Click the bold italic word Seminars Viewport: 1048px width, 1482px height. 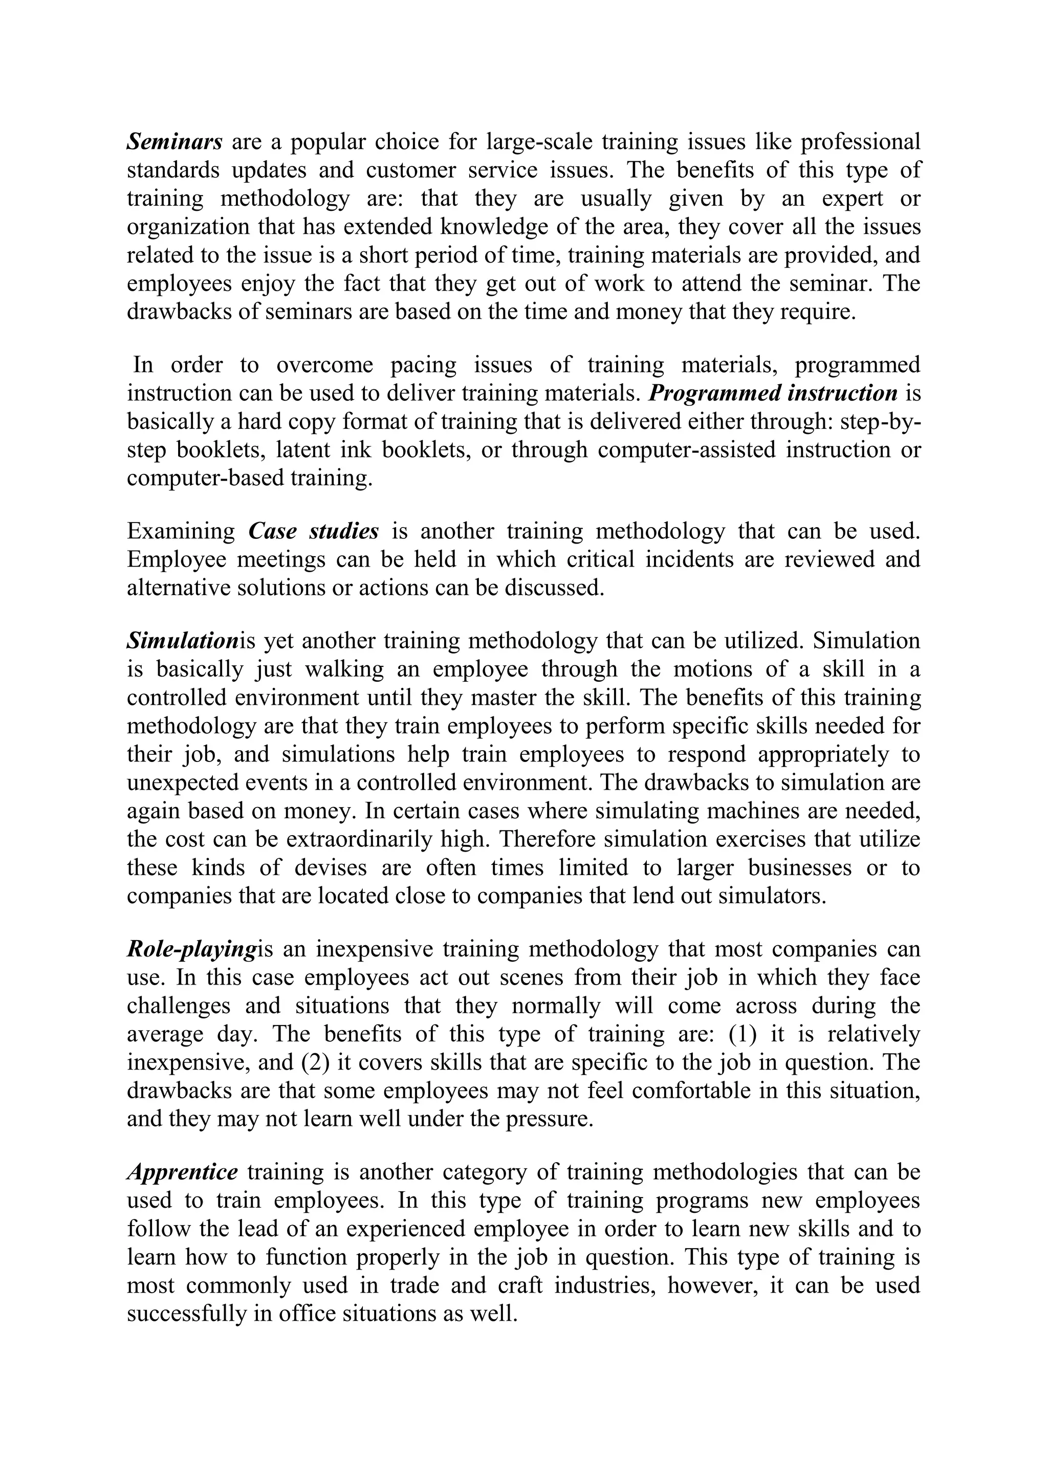pos(175,141)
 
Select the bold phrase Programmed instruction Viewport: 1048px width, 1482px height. pos(773,393)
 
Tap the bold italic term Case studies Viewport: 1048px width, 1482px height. pos(313,531)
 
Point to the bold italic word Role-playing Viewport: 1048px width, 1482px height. pos(192,949)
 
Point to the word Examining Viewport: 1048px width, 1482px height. pos(181,531)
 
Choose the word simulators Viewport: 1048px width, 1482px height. pos(771,897)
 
